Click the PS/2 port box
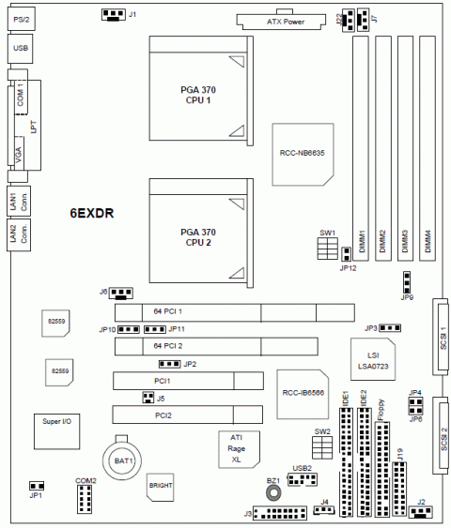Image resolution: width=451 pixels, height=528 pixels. pos(22,19)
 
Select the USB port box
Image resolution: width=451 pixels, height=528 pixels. pos(21,49)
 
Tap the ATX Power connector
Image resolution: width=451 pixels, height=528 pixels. pos(281,22)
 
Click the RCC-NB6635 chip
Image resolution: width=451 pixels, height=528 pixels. pos(303,155)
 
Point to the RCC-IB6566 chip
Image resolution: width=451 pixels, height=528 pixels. pos(303,394)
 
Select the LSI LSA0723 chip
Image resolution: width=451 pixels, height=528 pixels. pos(373,359)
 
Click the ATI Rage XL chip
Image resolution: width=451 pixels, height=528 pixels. pos(240,449)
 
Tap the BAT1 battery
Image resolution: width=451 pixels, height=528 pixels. pos(122,460)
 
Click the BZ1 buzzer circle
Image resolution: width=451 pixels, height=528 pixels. pos(273,493)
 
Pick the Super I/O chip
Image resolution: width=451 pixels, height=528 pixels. pos(57,431)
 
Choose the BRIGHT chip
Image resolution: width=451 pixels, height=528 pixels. pos(161,487)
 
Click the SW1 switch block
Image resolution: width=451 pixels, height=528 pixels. pos(327,249)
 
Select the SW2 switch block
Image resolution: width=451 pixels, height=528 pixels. pos(322,447)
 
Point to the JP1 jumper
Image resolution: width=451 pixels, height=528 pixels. pos(37,486)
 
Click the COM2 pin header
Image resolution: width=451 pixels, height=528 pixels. pos(85,499)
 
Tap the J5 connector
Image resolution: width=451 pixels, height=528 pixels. pos(148,398)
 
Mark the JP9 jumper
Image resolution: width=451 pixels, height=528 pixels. pos(407,282)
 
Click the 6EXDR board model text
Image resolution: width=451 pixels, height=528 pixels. pos(92,213)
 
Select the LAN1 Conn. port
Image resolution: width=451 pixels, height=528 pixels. pos(19,201)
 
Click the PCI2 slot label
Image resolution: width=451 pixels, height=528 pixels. pos(163,415)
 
